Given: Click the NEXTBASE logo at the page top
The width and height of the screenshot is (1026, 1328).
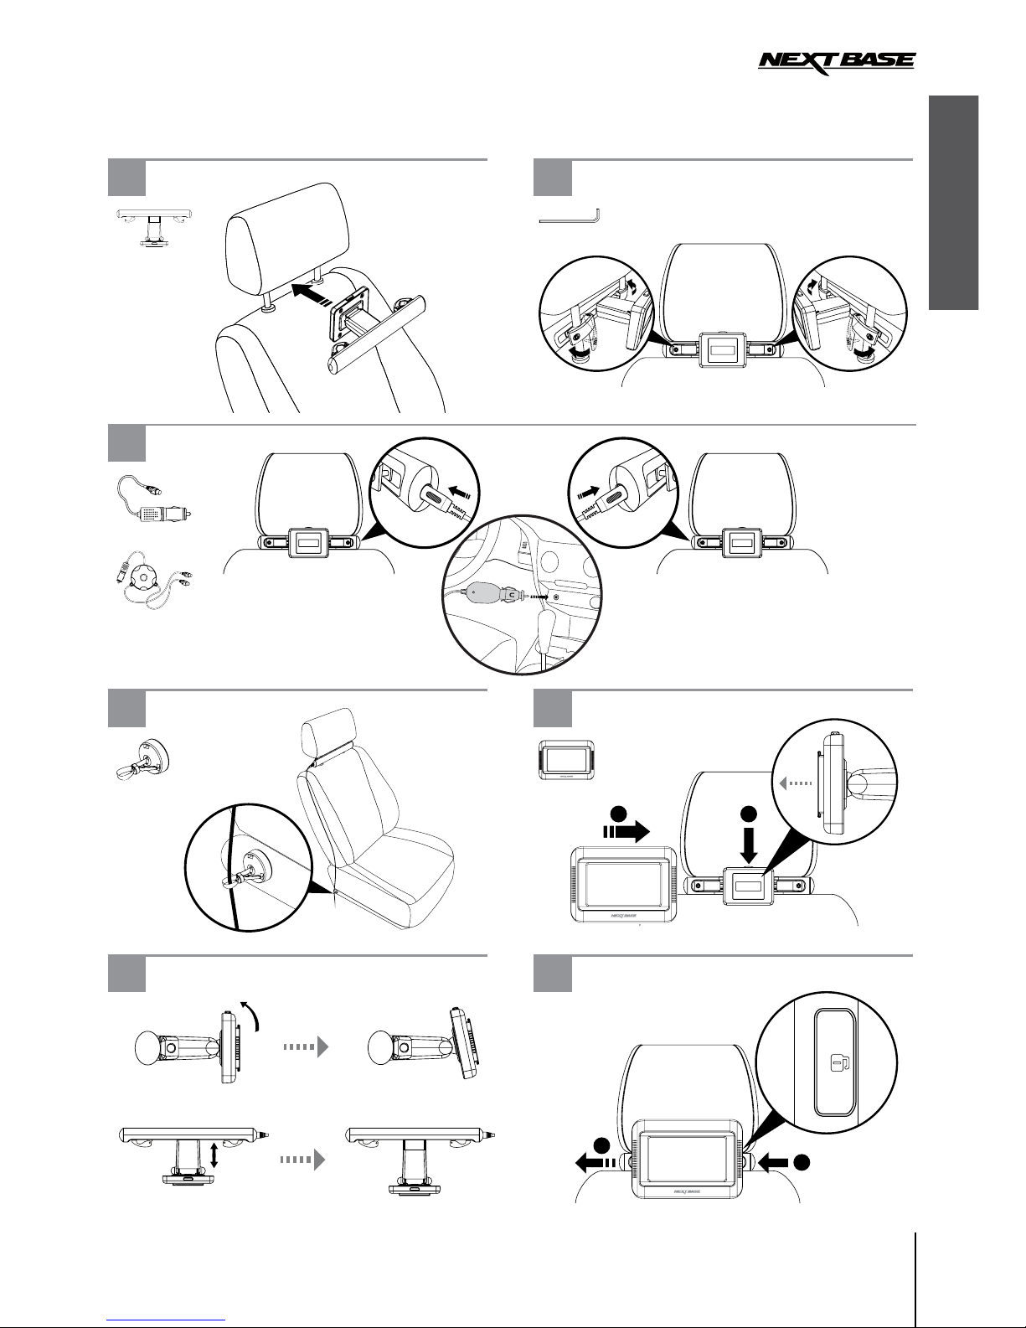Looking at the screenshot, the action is [837, 64].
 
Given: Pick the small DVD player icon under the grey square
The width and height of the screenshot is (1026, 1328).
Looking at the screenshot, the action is [565, 760].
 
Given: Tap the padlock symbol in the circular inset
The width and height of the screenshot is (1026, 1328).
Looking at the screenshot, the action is [836, 1064].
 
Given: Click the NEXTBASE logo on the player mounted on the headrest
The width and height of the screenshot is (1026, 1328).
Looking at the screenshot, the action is [686, 1190].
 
